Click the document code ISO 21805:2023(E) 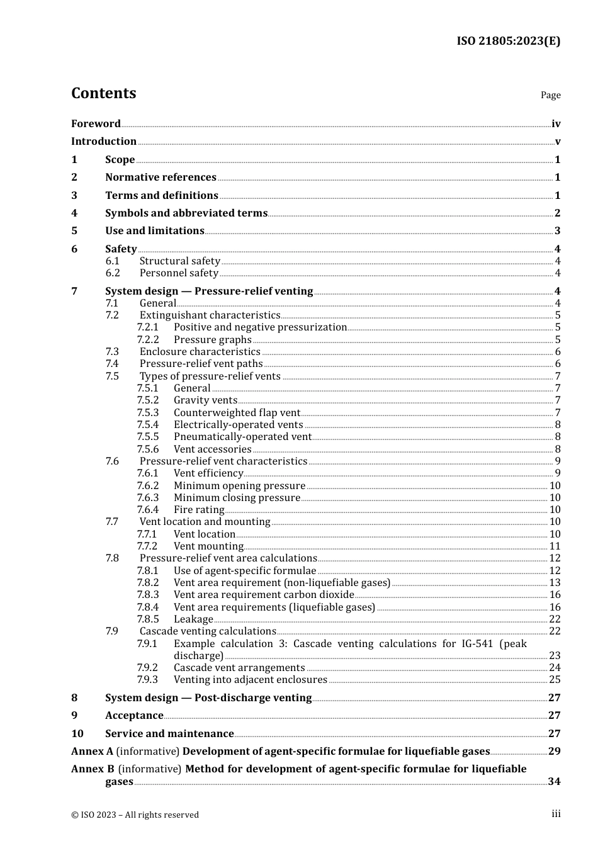[508, 41]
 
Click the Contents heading [103, 93]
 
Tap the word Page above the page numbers [550, 95]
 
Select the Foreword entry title [96, 124]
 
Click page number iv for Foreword [556, 124]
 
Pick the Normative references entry [161, 178]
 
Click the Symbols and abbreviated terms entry [186, 213]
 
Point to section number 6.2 [113, 273]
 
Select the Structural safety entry [179, 261]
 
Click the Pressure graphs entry [212, 340]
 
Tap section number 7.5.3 [148, 413]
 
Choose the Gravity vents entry [205, 400]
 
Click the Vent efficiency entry [208, 473]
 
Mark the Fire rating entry [199, 510]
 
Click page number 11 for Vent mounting [555, 546]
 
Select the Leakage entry [193, 619]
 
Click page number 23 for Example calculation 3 [555, 656]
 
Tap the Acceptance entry [134, 716]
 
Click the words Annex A [92, 752]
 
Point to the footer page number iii [556, 814]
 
